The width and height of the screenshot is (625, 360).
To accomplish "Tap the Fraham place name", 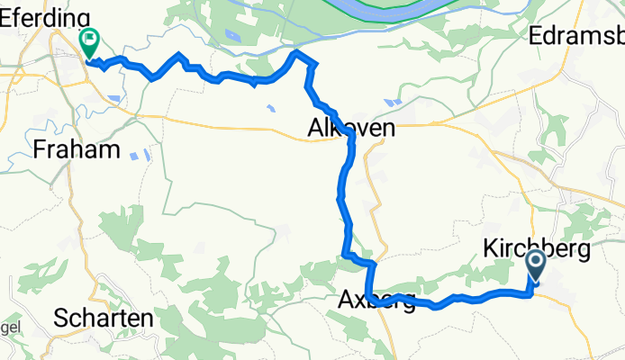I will click(76, 149).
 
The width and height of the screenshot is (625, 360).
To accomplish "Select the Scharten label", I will click(103, 317).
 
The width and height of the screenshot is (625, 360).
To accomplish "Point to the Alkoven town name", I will click(351, 129).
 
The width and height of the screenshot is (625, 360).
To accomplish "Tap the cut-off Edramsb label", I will click(577, 37).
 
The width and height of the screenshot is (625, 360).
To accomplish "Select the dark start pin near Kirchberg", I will click(535, 265).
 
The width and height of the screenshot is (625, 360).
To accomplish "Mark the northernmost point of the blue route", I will click(296, 53).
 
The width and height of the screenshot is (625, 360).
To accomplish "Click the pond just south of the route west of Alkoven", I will click(270, 111).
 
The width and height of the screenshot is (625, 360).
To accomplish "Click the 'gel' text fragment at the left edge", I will click(7, 327).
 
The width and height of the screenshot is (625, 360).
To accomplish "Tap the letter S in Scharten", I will click(60, 317).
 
